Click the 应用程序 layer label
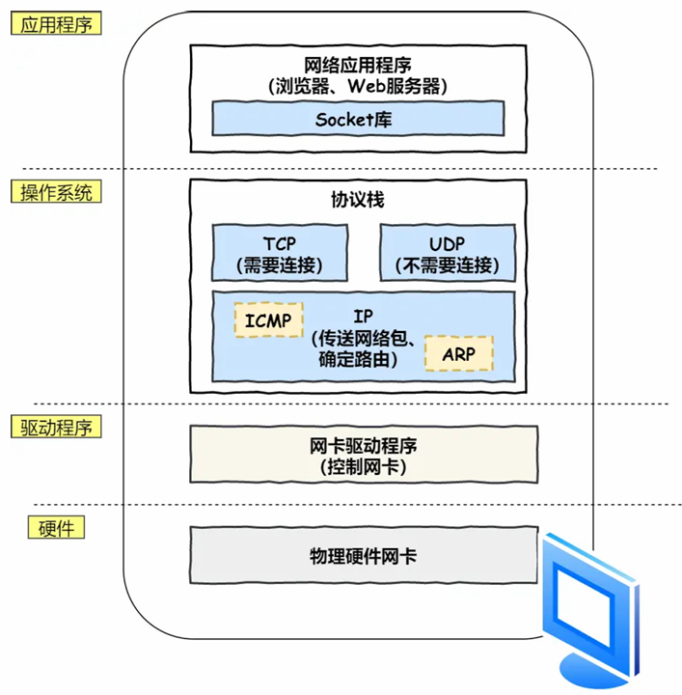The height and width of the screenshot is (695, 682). [57, 23]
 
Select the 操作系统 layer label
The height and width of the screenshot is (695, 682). [57, 192]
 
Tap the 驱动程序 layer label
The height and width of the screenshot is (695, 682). [57, 426]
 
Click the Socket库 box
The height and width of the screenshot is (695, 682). [358, 120]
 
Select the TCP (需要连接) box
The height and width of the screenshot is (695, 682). [279, 252]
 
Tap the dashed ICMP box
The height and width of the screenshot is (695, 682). [268, 320]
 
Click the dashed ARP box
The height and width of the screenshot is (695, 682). [458, 354]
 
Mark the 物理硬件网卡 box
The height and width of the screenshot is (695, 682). [363, 557]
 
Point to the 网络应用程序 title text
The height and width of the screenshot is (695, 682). [359, 66]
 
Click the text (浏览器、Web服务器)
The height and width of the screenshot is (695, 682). [359, 86]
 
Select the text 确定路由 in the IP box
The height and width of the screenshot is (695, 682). [355, 360]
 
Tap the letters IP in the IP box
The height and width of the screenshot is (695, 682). [364, 318]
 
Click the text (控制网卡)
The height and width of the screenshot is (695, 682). [363, 467]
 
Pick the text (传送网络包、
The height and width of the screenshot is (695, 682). [364, 340]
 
